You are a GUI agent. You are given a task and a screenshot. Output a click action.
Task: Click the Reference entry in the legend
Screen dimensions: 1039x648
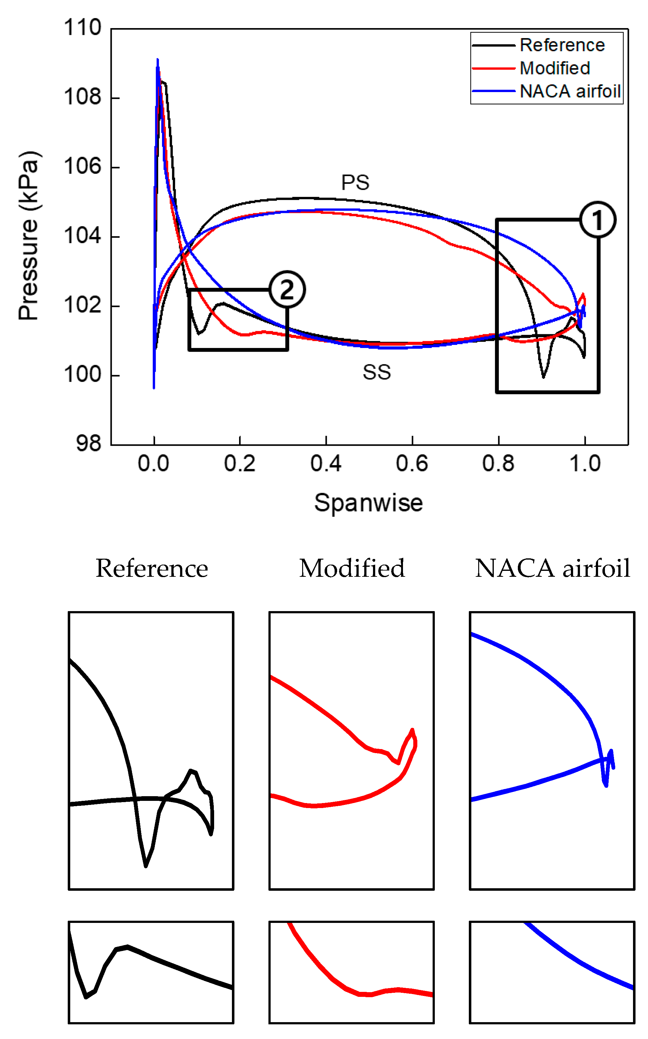(x=562, y=45)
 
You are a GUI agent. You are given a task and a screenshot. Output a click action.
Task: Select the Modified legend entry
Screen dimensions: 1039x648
(x=555, y=68)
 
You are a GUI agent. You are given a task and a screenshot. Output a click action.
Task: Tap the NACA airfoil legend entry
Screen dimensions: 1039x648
(x=570, y=91)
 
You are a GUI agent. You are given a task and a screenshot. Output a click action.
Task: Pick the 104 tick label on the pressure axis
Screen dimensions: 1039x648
(x=82, y=236)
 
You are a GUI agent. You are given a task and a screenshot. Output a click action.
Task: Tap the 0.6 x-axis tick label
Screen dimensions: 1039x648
(x=412, y=463)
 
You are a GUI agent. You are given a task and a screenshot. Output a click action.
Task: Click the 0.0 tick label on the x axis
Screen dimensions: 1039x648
(x=154, y=463)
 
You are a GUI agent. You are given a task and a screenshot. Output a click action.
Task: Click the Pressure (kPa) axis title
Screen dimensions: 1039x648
(x=29, y=236)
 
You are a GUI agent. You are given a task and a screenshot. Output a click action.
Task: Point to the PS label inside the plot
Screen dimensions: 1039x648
(x=355, y=183)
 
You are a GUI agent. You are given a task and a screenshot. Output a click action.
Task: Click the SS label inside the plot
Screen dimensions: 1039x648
(x=377, y=372)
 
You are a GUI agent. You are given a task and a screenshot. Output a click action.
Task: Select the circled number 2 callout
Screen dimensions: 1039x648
(x=287, y=290)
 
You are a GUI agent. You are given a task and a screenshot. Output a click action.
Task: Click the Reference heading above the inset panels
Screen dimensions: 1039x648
(x=152, y=569)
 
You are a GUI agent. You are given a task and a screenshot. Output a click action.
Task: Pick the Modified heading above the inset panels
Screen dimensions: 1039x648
(x=352, y=569)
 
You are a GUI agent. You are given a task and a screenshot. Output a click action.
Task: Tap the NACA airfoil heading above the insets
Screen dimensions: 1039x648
(x=552, y=569)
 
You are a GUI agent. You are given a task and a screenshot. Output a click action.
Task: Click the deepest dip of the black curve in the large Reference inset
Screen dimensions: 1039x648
(x=146, y=866)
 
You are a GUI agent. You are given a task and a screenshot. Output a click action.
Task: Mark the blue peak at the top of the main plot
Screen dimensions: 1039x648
(x=158, y=60)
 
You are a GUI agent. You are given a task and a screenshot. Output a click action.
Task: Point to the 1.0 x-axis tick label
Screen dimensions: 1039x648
(x=585, y=463)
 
